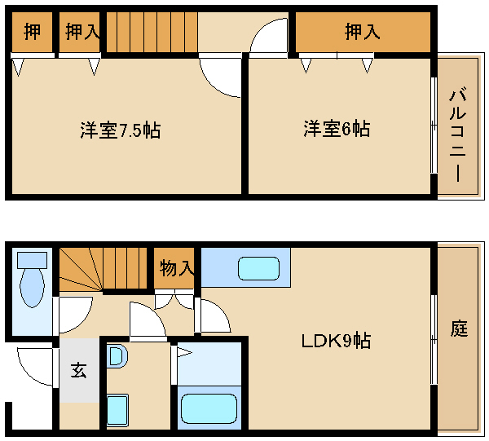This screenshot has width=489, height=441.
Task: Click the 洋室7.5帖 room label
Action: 121,130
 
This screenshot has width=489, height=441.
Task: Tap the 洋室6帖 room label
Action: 337,129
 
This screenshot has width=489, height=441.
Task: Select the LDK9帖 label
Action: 336,341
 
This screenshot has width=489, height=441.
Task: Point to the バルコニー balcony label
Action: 457,135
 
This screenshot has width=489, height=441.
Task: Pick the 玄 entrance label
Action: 78,370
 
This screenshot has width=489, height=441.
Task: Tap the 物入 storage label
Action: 177,268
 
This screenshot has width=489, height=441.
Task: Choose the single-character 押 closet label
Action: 32,31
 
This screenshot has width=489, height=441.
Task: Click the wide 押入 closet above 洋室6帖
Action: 363,32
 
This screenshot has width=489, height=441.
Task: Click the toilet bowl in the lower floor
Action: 32,287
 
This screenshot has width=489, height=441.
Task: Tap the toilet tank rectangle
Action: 32,260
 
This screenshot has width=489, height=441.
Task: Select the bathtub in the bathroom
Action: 209,408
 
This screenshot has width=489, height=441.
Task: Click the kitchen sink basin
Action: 258,268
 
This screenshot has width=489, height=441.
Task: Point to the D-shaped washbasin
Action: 117,356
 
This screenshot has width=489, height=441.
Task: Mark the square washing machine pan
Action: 117,410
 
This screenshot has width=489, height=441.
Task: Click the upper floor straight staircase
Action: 152,32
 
